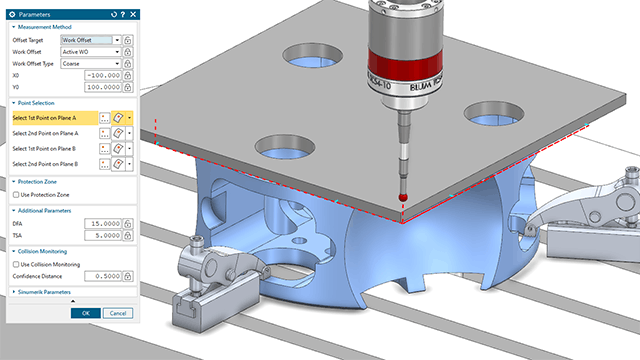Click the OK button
pos(86,313)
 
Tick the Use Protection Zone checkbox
pos(16,194)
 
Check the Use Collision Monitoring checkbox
pos(16,263)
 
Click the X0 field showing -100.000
pos(97,75)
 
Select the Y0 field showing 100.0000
pos(97,88)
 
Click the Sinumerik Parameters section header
pos(44,292)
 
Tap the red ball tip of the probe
pos(402,199)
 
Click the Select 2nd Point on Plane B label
pos(50,163)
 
